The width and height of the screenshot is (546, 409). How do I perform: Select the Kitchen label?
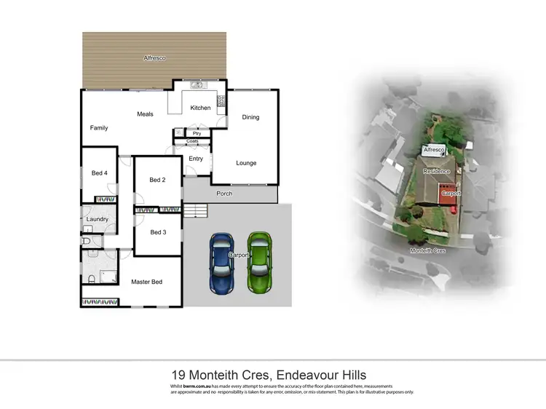click(x=200, y=108)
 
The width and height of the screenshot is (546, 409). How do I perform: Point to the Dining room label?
click(x=250, y=117)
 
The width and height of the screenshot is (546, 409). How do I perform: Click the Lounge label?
click(x=246, y=163)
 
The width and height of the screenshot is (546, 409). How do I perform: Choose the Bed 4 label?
click(x=99, y=173)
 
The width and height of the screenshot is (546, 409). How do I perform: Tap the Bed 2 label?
click(x=158, y=180)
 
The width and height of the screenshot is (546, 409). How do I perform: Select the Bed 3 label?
click(x=158, y=232)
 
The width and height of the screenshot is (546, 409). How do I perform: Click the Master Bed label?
click(x=146, y=282)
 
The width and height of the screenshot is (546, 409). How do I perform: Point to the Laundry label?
click(x=98, y=219)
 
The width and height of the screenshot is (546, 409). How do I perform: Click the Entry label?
click(x=196, y=159)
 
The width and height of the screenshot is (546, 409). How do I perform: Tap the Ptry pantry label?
click(x=197, y=133)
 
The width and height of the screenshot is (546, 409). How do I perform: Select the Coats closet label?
click(x=192, y=141)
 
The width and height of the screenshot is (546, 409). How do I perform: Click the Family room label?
click(x=99, y=128)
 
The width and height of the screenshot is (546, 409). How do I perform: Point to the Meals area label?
click(x=145, y=114)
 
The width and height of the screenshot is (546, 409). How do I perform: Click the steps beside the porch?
click(x=195, y=211)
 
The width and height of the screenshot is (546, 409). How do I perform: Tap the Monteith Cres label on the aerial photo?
click(x=427, y=250)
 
